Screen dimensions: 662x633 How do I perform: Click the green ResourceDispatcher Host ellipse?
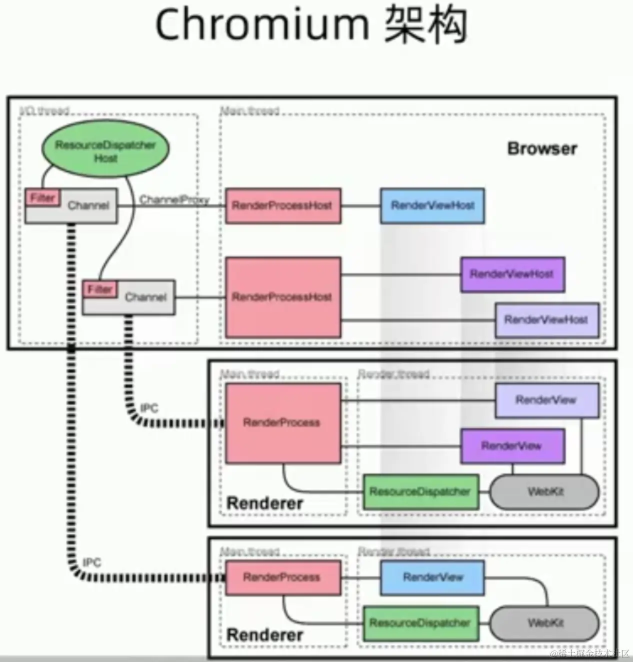pyautogui.click(x=105, y=151)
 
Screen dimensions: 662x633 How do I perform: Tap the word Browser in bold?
pyautogui.click(x=542, y=148)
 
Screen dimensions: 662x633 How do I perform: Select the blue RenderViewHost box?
pyautogui.click(x=432, y=205)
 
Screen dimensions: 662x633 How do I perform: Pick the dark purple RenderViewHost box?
pyautogui.click(x=512, y=274)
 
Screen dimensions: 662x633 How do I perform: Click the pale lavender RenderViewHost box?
pyautogui.click(x=546, y=319)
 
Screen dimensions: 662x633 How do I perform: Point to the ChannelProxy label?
pyautogui.click(x=173, y=200)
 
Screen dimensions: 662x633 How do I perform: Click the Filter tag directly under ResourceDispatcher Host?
pyautogui.click(x=42, y=197)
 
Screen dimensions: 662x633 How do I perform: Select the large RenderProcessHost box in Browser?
pyautogui.click(x=282, y=297)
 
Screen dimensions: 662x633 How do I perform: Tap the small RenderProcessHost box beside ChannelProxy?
pyautogui.click(x=282, y=205)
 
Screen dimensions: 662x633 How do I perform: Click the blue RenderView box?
pyautogui.click(x=432, y=577)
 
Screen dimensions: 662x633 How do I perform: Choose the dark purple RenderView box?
pyautogui.click(x=512, y=445)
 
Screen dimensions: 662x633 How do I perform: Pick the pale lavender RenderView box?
pyautogui.click(x=546, y=400)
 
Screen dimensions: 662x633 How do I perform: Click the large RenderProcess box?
pyautogui.click(x=282, y=423)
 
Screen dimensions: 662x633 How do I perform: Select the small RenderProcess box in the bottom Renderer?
pyautogui.click(x=282, y=577)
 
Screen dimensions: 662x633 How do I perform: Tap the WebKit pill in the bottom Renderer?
pyautogui.click(x=544, y=623)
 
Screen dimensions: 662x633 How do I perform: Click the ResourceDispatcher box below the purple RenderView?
pyautogui.click(x=420, y=492)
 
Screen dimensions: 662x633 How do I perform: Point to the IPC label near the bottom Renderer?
pyautogui.click(x=91, y=563)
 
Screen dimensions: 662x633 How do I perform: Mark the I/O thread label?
pyautogui.click(x=44, y=110)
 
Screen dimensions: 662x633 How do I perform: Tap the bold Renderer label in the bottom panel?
pyautogui.click(x=264, y=635)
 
